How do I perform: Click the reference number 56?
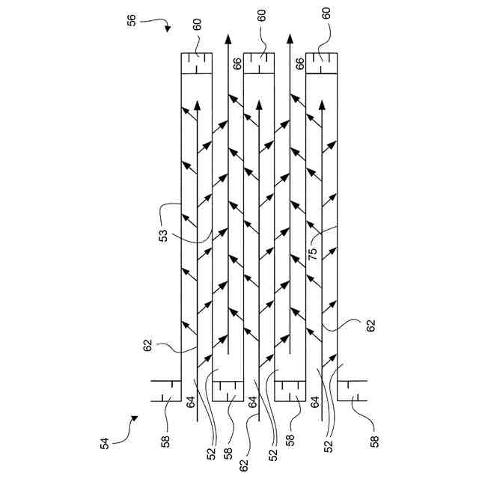point(132,22)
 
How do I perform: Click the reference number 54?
point(106,442)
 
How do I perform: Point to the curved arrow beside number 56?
point(160,25)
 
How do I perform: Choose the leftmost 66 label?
point(237,66)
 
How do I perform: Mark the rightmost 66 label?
point(299,66)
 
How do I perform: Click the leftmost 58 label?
point(165,442)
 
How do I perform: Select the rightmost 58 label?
point(373,442)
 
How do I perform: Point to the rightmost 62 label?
point(371,326)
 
